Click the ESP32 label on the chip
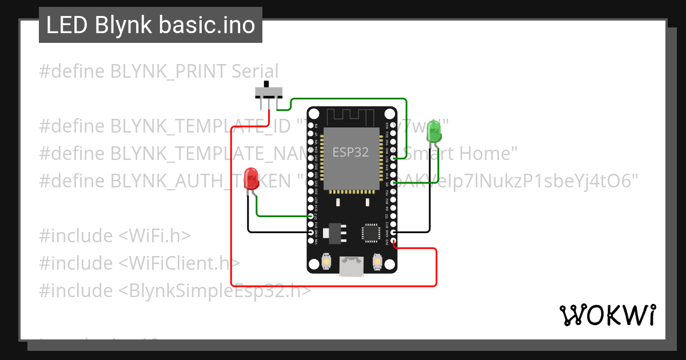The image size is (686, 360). coord(351,153)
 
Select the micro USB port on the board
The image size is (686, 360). coord(351,266)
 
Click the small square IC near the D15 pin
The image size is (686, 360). coord(370,233)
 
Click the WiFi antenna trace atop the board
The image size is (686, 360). coord(351,116)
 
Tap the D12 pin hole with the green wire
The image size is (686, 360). coord(311,217)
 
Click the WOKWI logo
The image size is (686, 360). coord(607,315)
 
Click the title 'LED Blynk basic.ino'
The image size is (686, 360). coord(150,25)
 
